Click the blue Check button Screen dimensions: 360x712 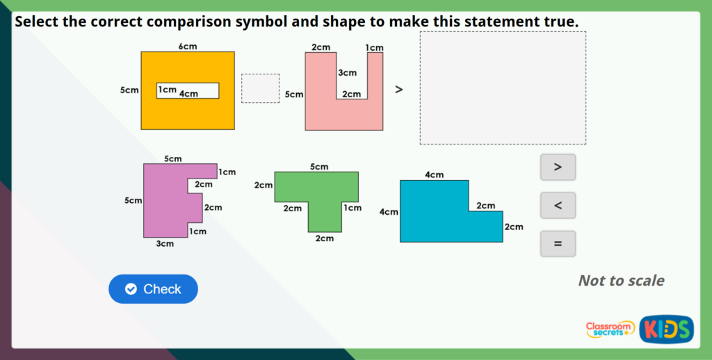[153, 289]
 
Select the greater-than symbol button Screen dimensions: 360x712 [558, 167]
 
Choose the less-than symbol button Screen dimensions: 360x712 [558, 206]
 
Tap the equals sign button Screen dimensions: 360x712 [558, 244]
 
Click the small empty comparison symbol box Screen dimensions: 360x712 [260, 88]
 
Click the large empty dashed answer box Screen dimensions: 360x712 [502, 88]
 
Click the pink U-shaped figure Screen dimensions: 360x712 [320, 111]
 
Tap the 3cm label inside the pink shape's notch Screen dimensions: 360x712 [347, 73]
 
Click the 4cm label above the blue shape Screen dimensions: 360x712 [434, 174]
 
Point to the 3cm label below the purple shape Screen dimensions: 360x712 [165, 244]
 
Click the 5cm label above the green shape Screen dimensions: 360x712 [319, 166]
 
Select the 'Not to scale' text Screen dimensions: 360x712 [621, 281]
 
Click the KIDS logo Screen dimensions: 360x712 [666, 329]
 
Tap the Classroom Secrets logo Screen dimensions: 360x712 [610, 329]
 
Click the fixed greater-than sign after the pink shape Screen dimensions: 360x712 [399, 89]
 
